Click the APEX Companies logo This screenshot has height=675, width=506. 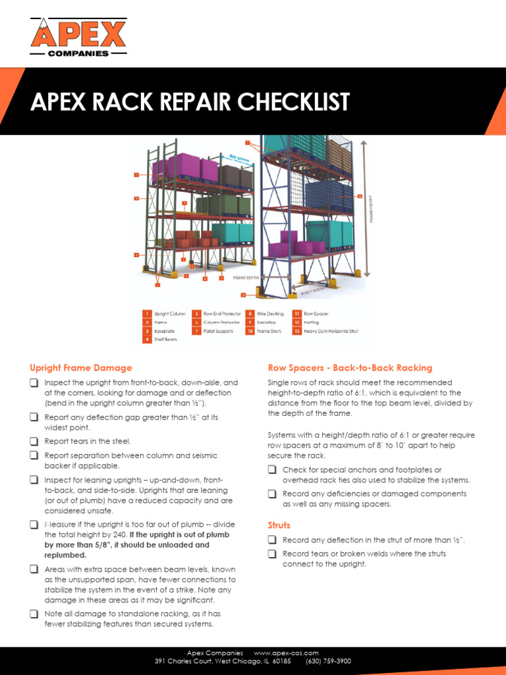[x=78, y=38]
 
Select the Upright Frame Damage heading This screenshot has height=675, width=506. [x=80, y=368]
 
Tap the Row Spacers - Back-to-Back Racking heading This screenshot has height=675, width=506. [x=349, y=368]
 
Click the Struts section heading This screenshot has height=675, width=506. [x=279, y=525]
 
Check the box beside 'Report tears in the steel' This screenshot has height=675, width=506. [x=34, y=442]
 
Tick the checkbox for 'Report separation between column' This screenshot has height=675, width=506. [x=34, y=455]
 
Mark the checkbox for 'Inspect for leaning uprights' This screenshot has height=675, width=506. [x=34, y=480]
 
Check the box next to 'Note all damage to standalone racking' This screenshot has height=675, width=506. [x=34, y=614]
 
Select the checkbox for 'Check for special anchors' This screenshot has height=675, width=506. [x=272, y=470]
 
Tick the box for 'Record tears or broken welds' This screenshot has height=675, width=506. [x=272, y=554]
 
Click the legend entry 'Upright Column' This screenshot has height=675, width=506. [x=169, y=314]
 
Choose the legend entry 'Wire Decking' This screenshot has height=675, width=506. [x=269, y=314]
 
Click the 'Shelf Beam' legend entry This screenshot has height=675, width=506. [x=165, y=339]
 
